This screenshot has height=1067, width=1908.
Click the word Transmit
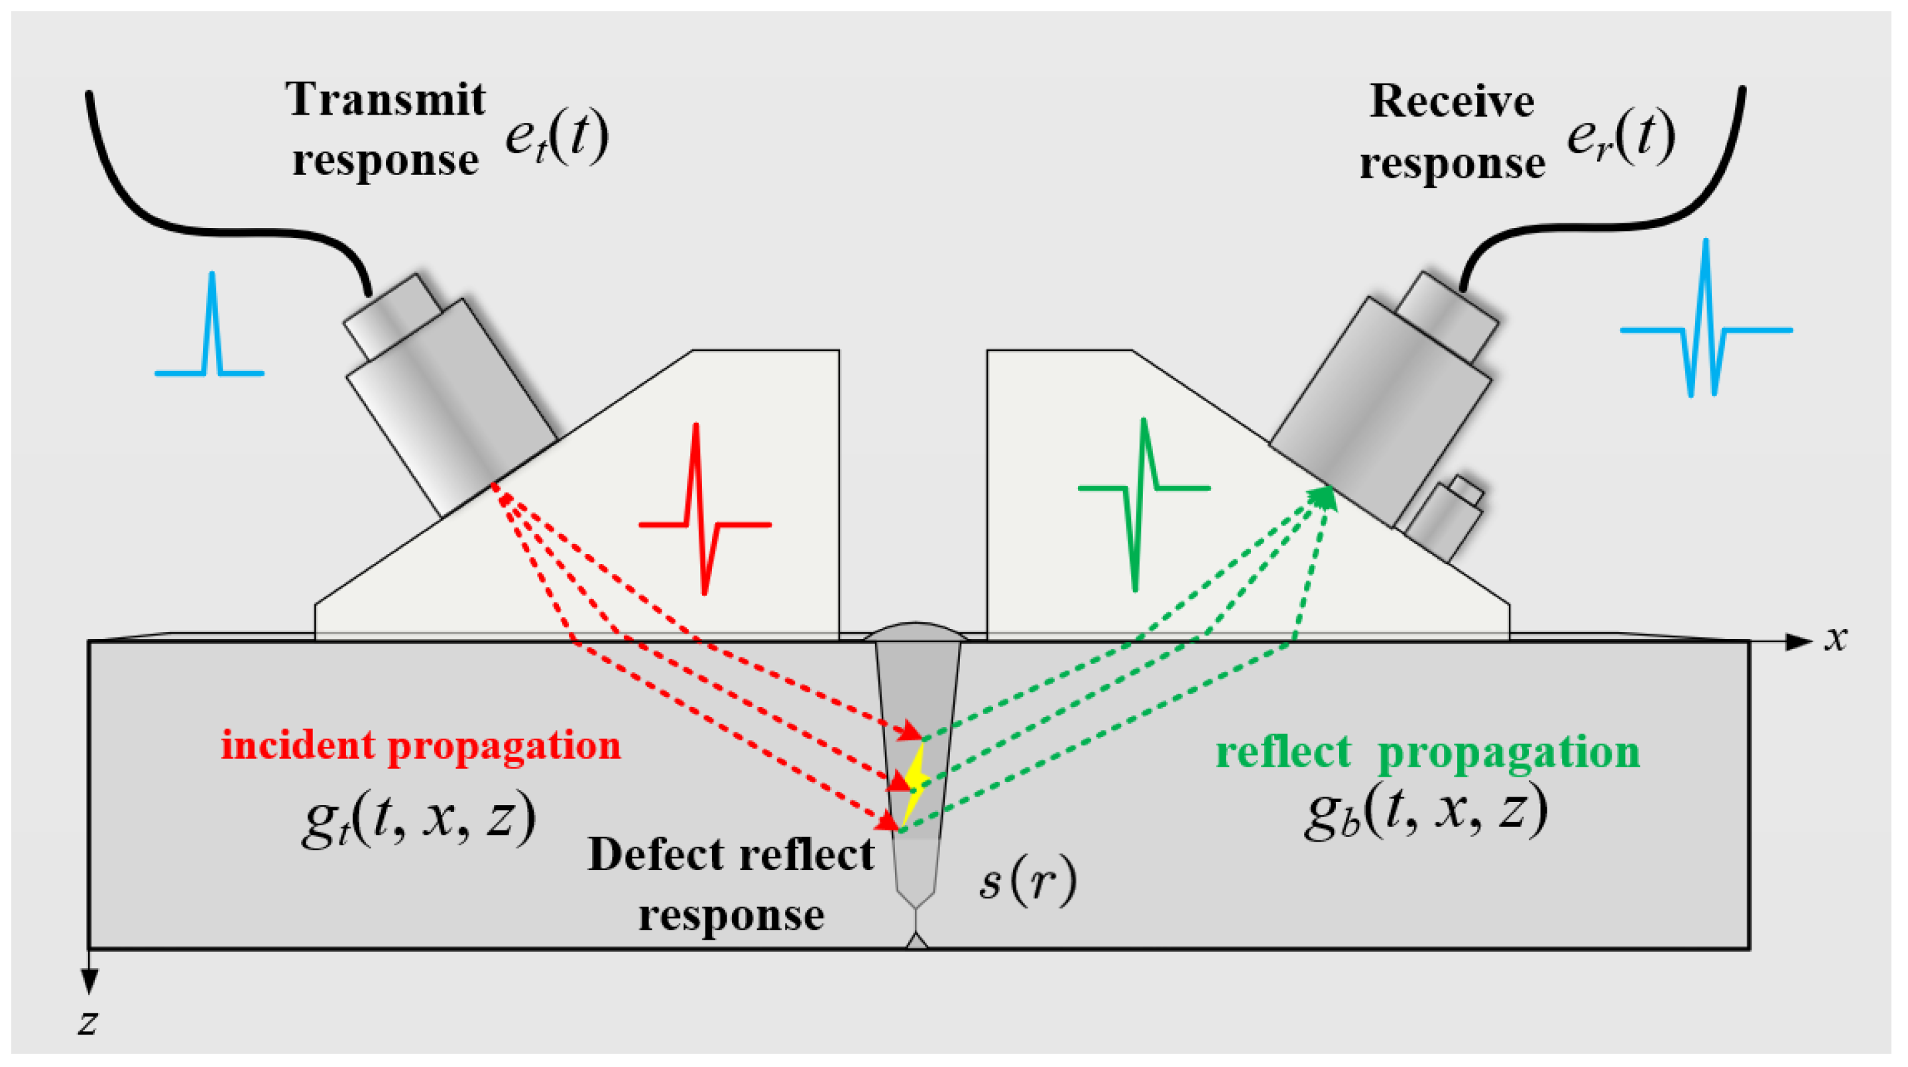tap(385, 100)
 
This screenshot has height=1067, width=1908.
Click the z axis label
tap(88, 1022)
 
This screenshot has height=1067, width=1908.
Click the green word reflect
tap(1283, 752)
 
